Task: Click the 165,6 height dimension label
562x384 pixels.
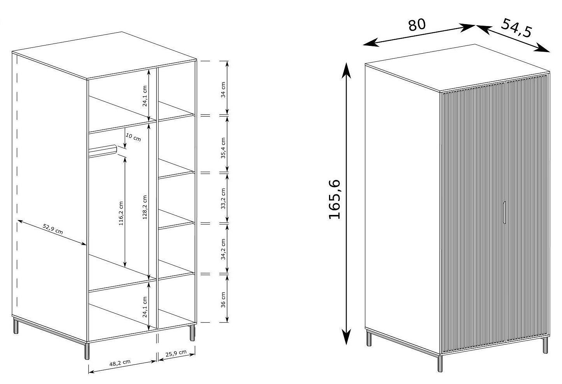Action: (x=335, y=199)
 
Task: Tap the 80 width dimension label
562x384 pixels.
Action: (x=417, y=25)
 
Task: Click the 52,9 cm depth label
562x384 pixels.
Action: (x=53, y=229)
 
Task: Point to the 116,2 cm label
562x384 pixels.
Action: (x=121, y=213)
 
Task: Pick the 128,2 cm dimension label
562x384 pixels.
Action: (x=145, y=208)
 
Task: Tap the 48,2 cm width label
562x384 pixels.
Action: (x=120, y=363)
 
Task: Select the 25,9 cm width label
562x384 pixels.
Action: (x=176, y=353)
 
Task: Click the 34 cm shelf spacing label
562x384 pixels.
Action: (x=223, y=90)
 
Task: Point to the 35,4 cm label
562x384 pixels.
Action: (x=223, y=148)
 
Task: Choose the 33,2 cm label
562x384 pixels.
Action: (x=223, y=199)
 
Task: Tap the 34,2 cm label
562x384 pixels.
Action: (x=223, y=249)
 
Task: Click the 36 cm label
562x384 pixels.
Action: (x=223, y=300)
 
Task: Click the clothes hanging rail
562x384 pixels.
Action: (x=103, y=151)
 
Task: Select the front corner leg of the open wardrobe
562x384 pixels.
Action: (x=87, y=351)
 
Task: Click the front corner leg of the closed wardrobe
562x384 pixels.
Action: (x=440, y=363)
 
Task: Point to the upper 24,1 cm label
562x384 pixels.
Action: (x=145, y=96)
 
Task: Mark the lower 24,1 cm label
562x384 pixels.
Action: (x=145, y=307)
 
